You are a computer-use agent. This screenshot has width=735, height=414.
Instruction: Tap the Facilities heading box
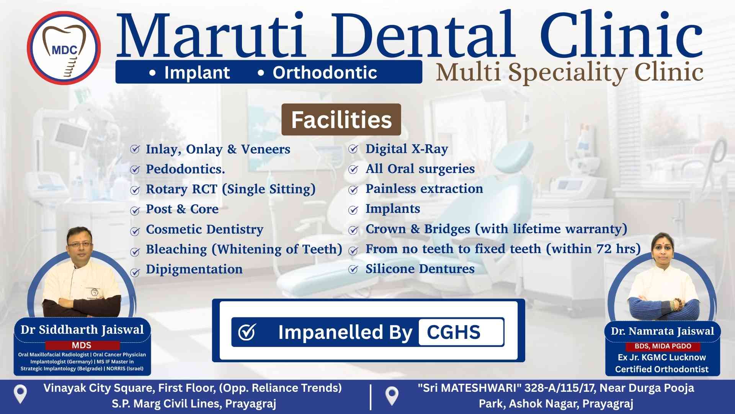click(x=341, y=120)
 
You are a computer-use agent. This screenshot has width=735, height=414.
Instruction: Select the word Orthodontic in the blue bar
click(x=325, y=72)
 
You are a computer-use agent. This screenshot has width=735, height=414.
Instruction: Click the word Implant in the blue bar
click(x=197, y=72)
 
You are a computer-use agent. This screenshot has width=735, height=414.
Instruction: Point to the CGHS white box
click(x=461, y=332)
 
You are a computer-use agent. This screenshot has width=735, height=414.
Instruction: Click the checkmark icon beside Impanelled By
click(x=247, y=332)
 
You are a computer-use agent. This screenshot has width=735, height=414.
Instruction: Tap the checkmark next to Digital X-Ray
click(x=353, y=149)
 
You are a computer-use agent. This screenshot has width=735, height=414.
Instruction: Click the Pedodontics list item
click(x=185, y=169)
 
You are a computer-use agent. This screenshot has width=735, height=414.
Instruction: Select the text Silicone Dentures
click(x=420, y=269)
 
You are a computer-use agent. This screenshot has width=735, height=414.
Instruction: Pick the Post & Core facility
click(x=182, y=209)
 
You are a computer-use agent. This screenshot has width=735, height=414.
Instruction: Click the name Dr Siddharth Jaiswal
click(x=82, y=330)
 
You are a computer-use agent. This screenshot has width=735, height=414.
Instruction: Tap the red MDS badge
click(x=82, y=345)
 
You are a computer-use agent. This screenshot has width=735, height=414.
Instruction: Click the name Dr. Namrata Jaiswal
click(x=662, y=331)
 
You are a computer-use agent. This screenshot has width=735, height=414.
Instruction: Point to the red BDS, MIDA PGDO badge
click(x=663, y=346)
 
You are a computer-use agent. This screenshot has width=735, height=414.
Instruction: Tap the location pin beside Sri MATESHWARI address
click(x=392, y=396)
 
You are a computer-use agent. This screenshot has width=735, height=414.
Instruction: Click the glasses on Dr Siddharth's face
click(x=80, y=244)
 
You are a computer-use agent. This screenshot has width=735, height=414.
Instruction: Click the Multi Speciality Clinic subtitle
click(x=569, y=72)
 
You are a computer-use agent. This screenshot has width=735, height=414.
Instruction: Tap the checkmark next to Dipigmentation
click(x=135, y=273)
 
